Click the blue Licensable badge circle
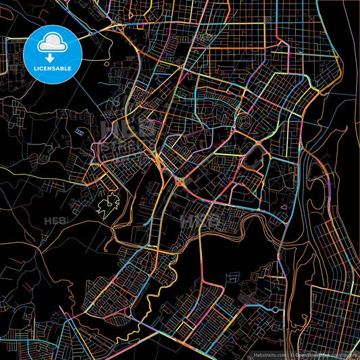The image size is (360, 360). tap(52, 52)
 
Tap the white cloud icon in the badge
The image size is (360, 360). tap(52, 44)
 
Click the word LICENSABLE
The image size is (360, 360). tap(52, 69)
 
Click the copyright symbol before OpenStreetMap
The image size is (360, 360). tap(292, 353)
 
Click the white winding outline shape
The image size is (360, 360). tap(107, 203)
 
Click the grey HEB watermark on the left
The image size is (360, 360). tap(54, 221)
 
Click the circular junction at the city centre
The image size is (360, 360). tap(180, 180)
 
